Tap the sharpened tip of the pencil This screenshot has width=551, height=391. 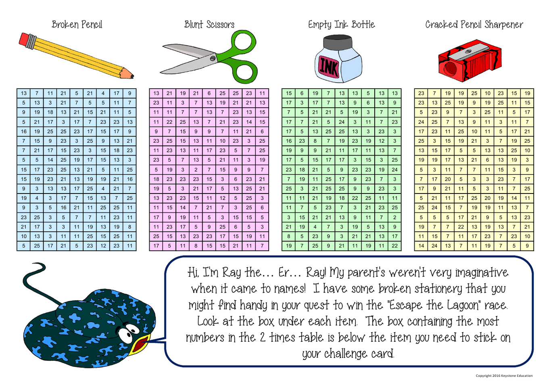coord(132,77)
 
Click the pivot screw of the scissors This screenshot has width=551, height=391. coord(213,58)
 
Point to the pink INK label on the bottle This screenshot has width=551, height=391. coord(329,67)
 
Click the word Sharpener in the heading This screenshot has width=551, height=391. coord(504,25)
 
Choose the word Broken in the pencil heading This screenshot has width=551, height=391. coord(65,25)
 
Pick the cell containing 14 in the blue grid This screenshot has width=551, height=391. coord(50,160)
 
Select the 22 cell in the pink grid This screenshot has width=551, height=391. coord(169,122)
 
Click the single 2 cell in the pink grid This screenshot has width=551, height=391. coord(196,170)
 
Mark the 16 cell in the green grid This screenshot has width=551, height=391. coord(289,141)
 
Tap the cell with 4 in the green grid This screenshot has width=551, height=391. coord(315,227)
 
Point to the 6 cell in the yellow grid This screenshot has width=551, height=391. coord(487,160)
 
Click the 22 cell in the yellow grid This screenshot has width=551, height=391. coord(461,227)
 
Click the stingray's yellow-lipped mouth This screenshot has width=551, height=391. coord(140,343)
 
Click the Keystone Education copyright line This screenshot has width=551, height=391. coord(504,376)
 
